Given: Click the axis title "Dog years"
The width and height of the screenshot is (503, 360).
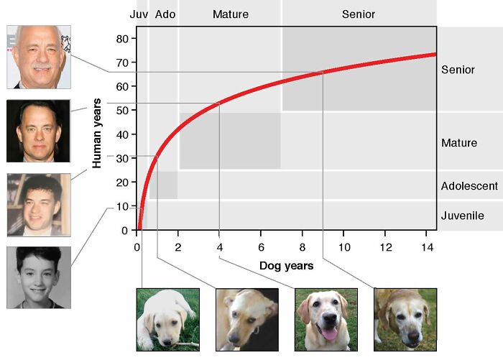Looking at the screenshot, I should [x=286, y=266].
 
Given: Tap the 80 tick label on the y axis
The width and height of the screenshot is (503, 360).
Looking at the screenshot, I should [x=123, y=39].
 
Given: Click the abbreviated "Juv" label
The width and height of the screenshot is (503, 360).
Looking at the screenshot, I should [x=139, y=14].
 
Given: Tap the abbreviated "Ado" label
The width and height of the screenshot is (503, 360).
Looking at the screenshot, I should [x=165, y=14].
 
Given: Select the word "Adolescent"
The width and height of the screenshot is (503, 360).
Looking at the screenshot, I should [x=469, y=186].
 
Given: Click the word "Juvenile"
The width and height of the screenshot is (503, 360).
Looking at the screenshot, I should [x=462, y=216].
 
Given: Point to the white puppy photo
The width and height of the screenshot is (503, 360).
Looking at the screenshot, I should [x=167, y=319].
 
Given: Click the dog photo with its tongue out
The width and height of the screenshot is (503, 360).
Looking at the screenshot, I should [x=326, y=319].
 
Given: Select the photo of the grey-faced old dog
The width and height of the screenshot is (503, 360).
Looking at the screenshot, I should [x=404, y=319].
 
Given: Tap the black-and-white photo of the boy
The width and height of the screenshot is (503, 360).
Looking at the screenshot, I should [x=38, y=277].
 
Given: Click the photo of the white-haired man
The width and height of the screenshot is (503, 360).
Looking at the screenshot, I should [x=38, y=57].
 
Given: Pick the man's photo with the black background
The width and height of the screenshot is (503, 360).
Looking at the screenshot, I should [x=38, y=131].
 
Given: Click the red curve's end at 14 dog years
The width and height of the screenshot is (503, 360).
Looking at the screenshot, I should [x=435, y=54].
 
